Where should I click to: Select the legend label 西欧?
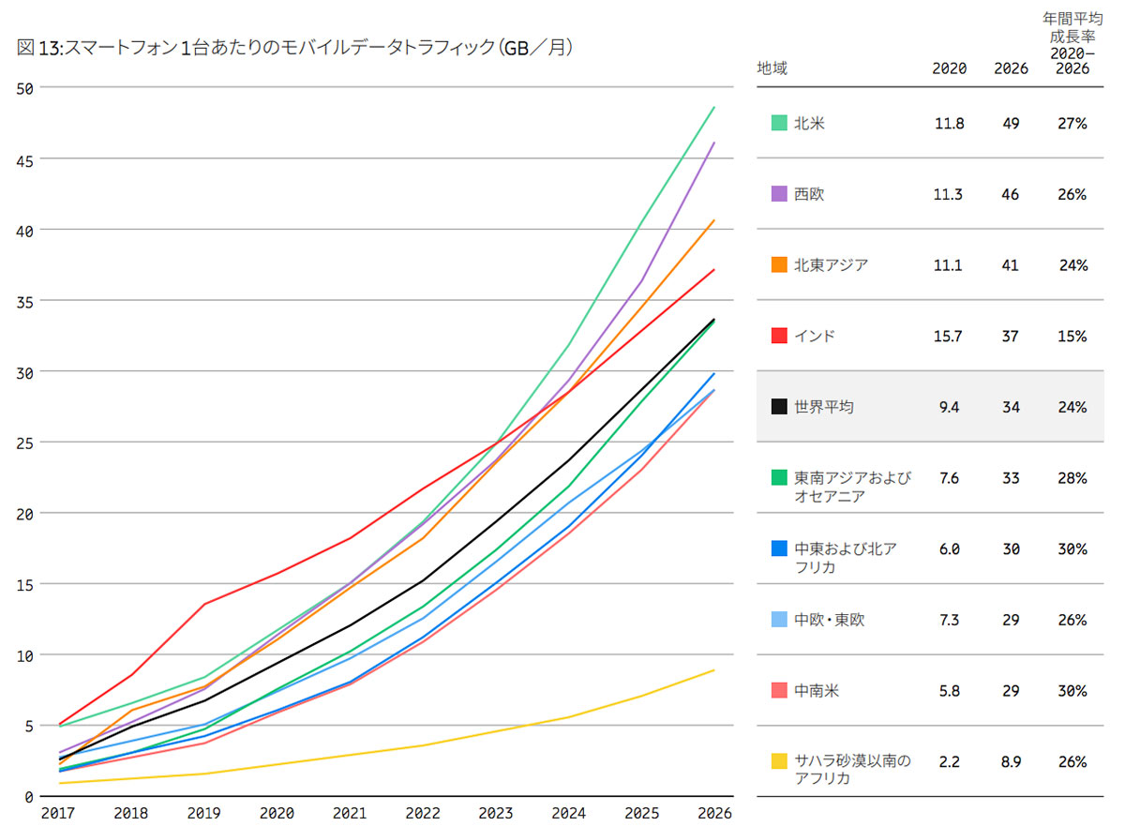pos(809,194)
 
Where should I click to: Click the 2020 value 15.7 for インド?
pos(948,336)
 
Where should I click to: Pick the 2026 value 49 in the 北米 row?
pos(1011,123)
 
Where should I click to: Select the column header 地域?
pos(772,68)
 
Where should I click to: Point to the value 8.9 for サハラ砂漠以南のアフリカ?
pos(1011,761)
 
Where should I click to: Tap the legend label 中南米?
pos(817,691)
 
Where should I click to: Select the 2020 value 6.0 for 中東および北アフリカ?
pos(949,549)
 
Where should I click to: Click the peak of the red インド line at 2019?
pos(205,604)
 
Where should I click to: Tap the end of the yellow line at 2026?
pos(714,670)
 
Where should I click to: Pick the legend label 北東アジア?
pos(831,265)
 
